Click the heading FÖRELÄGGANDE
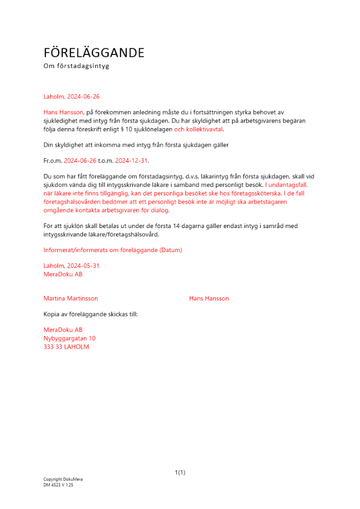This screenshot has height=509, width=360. coord(94,53)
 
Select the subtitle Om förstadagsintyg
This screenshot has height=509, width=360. coord(76,66)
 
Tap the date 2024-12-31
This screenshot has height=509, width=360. coord(131,161)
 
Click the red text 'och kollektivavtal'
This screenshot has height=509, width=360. coord(199,129)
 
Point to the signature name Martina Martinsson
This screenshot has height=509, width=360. coord(71,298)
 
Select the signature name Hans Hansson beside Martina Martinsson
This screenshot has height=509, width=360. coord(209,298)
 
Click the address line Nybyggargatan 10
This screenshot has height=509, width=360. coord(70,338)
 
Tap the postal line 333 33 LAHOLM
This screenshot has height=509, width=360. coord(66,347)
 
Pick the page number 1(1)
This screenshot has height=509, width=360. coord(180,472)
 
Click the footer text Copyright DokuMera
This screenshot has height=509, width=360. coord(63,479)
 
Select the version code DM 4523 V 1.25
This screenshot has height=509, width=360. coord(58,485)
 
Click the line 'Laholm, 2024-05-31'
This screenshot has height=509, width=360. coord(71,266)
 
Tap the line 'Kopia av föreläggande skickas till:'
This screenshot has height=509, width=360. coord(91,314)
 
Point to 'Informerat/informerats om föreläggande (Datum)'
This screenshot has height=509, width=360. coord(113,250)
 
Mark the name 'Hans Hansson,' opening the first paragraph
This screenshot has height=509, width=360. coord(64,112)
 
